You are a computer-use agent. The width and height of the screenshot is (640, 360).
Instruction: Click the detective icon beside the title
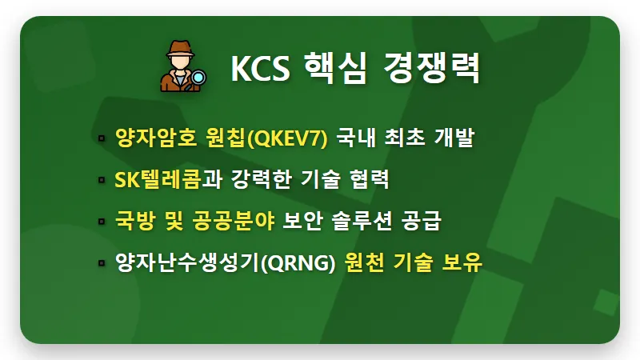tap(182, 66)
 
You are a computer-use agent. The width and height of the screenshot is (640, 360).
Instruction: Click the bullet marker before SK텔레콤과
tap(101, 180)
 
